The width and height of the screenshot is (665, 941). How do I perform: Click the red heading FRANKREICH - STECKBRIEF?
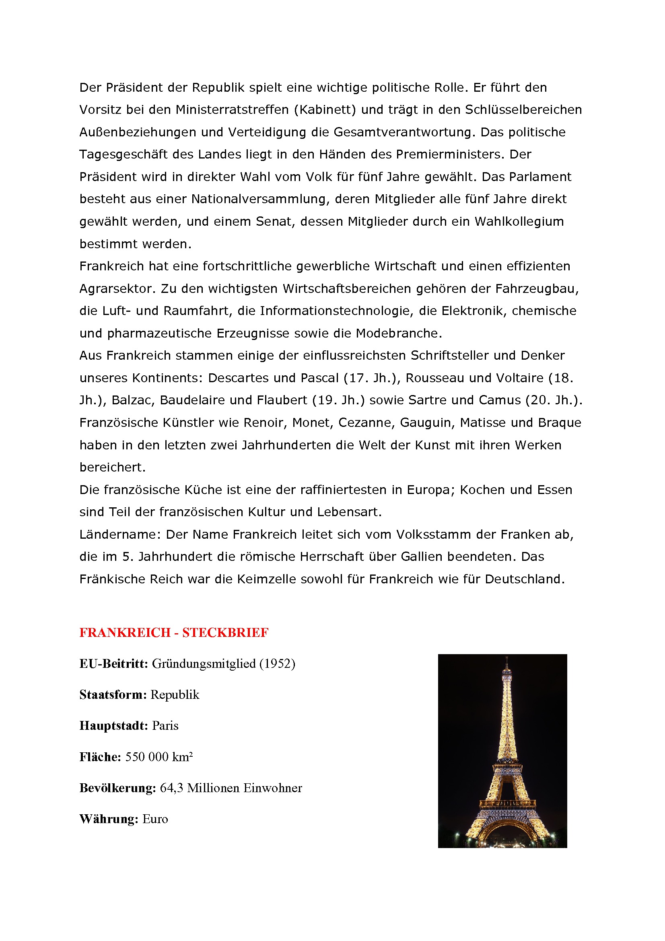click(174, 632)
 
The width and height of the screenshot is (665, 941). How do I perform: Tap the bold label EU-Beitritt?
click(113, 663)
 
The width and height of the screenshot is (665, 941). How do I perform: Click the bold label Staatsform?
click(113, 695)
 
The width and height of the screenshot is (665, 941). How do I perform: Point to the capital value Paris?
click(165, 726)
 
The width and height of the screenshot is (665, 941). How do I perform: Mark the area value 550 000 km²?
click(159, 757)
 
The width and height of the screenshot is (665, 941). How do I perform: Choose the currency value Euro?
click(155, 819)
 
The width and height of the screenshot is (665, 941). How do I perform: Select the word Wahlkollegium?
click(519, 222)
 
